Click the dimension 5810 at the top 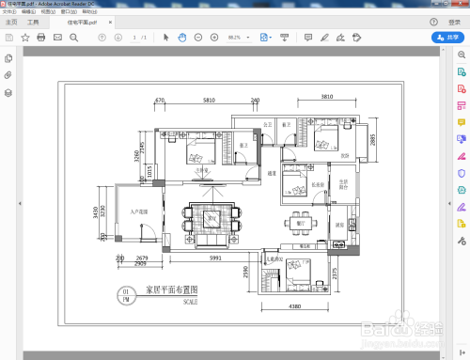point(207,99)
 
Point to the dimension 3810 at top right point(326,97)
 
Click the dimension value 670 point(160,99)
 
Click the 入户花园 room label point(141,212)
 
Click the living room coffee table point(213,219)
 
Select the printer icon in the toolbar point(40,37)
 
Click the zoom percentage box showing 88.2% point(236,37)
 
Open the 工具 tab point(34,20)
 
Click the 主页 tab point(11,20)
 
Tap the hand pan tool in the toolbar point(182,37)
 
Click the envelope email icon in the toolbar point(57,37)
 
